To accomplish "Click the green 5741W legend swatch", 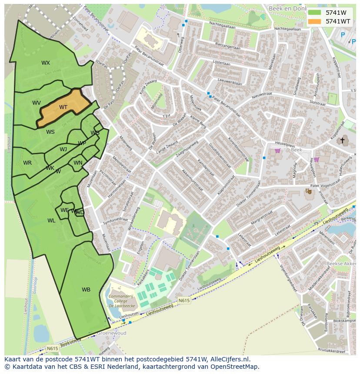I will click(314, 13).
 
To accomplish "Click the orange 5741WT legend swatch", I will click(314, 21).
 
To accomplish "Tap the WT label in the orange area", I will click(63, 107).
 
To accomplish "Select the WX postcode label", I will click(46, 63).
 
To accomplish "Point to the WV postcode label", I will click(37, 103).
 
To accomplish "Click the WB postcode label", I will click(86, 290).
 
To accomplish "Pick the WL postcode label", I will click(51, 221).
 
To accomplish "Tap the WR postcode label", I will click(27, 163).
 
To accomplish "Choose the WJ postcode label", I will click(63, 149).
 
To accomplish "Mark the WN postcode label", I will click(78, 163).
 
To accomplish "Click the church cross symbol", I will click(342, 140).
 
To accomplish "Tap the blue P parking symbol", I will click(343, 35).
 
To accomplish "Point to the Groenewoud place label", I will click(112, 333).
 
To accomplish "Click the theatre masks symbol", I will click(309, 191).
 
